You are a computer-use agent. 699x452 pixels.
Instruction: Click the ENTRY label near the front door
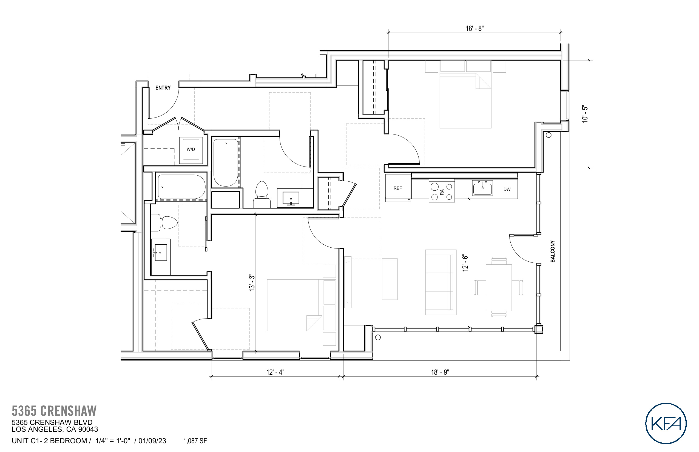[x=163, y=88]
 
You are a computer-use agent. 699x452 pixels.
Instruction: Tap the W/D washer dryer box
[x=191, y=149]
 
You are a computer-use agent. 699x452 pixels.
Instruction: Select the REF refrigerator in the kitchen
[x=398, y=188]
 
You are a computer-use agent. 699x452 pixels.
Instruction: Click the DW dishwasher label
[x=507, y=189]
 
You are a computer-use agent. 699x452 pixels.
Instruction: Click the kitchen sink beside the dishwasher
[x=482, y=188]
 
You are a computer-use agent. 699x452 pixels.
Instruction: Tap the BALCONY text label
[x=553, y=251]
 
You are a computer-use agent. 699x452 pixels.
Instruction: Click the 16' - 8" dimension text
[x=474, y=28]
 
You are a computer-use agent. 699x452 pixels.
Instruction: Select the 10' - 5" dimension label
[x=585, y=114]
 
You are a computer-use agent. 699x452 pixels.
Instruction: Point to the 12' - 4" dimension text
[x=275, y=372]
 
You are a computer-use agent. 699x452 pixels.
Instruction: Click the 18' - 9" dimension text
[x=440, y=372]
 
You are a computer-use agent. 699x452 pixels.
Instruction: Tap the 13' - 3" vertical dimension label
[x=252, y=283]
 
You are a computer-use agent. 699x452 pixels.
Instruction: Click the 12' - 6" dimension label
[x=465, y=263]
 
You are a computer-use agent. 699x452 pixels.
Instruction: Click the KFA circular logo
[x=666, y=423]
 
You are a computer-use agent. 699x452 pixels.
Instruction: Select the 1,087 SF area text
[x=195, y=441]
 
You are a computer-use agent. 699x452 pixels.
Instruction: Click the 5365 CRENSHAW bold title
[x=54, y=411]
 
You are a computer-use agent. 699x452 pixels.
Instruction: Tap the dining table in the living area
[x=499, y=288]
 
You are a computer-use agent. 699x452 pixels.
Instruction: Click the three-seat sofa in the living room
[x=441, y=282]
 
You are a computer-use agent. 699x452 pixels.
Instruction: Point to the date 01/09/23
[x=152, y=441]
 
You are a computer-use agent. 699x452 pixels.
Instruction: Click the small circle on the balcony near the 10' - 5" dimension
[x=549, y=135]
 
